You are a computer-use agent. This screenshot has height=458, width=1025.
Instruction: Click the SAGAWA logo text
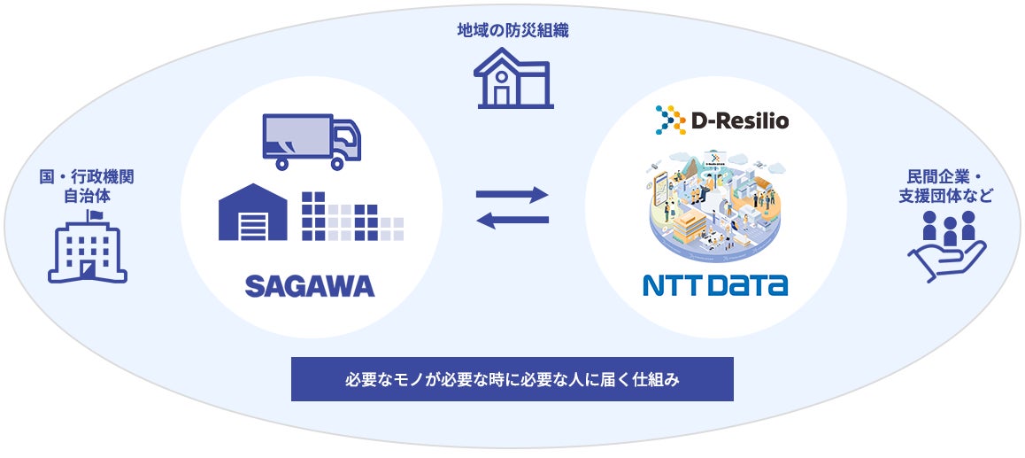pyautogui.click(x=309, y=286)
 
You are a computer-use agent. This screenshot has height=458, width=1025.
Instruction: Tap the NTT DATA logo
pyautogui.click(x=715, y=285)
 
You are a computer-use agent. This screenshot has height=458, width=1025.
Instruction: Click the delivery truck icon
pyautogui.click(x=312, y=143)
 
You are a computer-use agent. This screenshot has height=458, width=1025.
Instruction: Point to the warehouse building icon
pyautogui.click(x=253, y=213)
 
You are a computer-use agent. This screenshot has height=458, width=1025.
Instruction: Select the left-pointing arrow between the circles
pyautogui.click(x=513, y=220)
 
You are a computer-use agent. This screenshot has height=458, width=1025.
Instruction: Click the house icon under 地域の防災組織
pyautogui.click(x=513, y=78)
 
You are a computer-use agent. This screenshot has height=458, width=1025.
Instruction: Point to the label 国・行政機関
pyautogui.click(x=87, y=176)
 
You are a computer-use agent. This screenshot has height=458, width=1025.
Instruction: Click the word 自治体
pyautogui.click(x=87, y=194)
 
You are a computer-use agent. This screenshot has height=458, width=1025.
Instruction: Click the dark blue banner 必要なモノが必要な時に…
pyautogui.click(x=512, y=379)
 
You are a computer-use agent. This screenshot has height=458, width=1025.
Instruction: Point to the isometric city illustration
pyautogui.click(x=715, y=204)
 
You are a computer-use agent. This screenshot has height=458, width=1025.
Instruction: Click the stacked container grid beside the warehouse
pyautogui.click(x=351, y=216)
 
